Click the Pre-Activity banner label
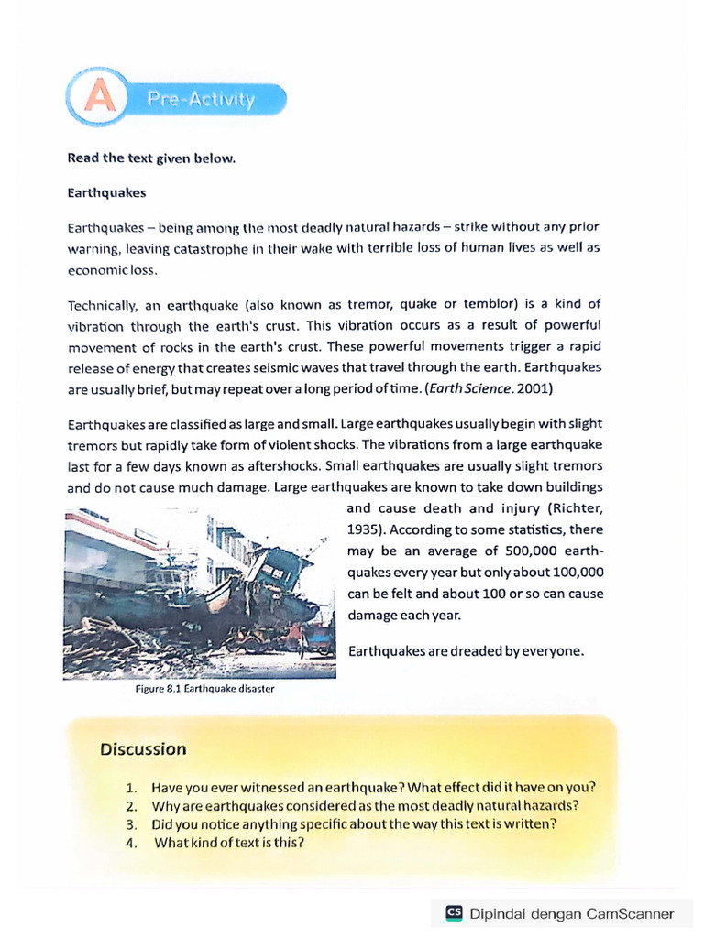(203, 99)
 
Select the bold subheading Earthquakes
(106, 194)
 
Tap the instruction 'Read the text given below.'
(151, 158)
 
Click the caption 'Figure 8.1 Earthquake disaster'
(203, 688)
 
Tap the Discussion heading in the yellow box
(143, 749)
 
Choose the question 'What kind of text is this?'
(228, 843)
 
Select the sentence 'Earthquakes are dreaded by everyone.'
(466, 651)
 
